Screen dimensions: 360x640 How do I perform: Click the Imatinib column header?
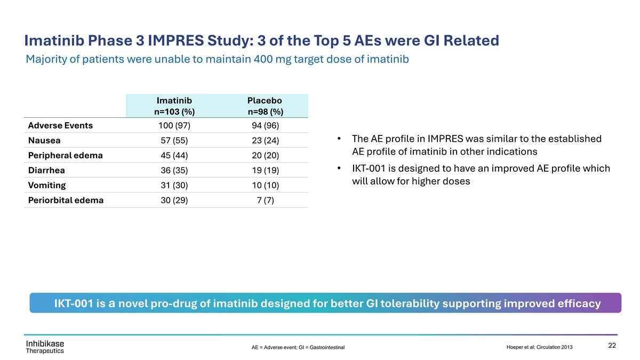[x=174, y=106]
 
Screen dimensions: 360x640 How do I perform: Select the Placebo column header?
[x=265, y=106]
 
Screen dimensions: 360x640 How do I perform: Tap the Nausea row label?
[x=44, y=141]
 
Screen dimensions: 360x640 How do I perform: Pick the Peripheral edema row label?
[x=65, y=156]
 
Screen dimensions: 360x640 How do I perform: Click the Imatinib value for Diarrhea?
[x=174, y=171]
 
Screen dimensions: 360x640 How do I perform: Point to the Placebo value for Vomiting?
[x=265, y=186]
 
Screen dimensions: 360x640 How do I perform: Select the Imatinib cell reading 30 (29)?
[x=174, y=201]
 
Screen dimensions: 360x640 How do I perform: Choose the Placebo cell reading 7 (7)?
[x=265, y=201]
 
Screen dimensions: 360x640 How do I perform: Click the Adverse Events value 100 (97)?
[x=174, y=126]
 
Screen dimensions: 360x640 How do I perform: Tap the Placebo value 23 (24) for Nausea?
[x=265, y=141]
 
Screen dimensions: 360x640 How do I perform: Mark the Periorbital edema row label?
[x=66, y=201]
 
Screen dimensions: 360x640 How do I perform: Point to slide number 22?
[x=612, y=345]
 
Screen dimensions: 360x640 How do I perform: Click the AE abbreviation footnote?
[x=298, y=348]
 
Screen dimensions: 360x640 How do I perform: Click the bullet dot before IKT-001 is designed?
[x=340, y=169]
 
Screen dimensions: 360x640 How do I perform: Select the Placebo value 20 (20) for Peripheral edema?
[x=265, y=156]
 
